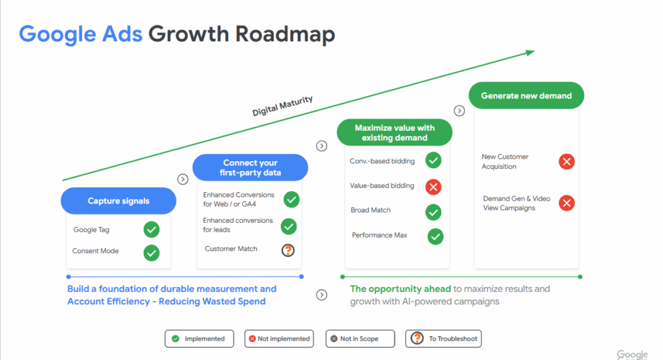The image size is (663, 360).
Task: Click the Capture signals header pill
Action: (118, 201)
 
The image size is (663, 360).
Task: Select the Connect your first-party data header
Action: (251, 168)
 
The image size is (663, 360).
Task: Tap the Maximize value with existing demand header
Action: (394, 132)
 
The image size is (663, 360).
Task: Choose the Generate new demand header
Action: (526, 96)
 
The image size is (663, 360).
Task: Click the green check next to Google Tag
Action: (152, 230)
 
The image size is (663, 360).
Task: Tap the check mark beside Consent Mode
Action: (152, 253)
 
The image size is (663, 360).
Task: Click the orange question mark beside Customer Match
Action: (288, 251)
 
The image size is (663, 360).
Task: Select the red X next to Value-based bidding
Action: (433, 187)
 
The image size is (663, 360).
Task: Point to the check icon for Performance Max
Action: (436, 236)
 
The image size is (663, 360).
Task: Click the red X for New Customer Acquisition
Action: (567, 162)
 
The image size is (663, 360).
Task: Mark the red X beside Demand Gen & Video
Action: (567, 203)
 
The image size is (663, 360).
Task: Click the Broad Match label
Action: (371, 210)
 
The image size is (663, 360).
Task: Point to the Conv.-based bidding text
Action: (382, 161)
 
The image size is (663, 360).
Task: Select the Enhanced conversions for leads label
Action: (238, 225)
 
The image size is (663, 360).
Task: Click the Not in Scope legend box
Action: (360, 339)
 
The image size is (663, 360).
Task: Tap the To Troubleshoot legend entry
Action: (444, 339)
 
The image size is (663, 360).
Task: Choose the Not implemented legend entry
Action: (279, 339)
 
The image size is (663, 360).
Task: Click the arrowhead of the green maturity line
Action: (532, 52)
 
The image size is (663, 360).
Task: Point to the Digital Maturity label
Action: (282, 106)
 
